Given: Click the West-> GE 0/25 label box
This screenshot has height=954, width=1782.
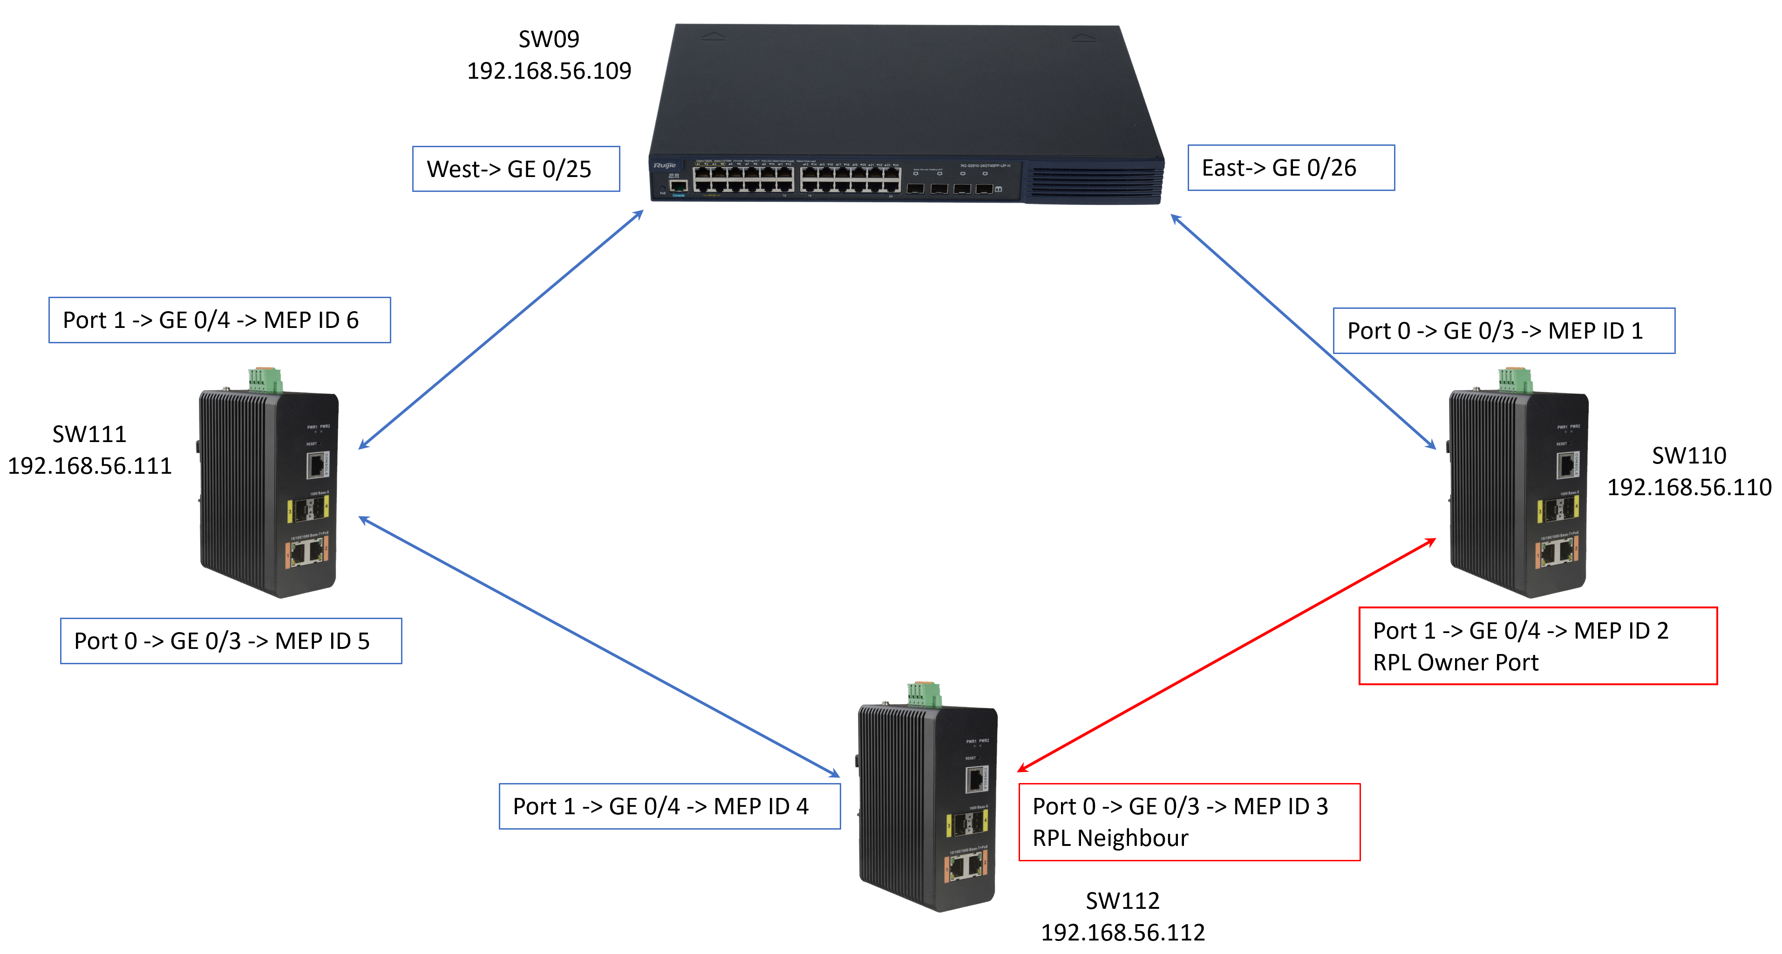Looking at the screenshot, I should coord(516,169).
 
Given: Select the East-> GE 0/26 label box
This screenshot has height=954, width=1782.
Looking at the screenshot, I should coord(1290,167).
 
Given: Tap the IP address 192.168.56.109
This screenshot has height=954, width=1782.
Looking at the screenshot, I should coord(549,70).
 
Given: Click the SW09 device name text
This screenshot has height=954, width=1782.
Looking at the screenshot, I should coord(549,39).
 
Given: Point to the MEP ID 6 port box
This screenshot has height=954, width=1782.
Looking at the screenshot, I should coord(219,320).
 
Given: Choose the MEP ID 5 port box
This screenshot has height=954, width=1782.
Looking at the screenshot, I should coord(231,641).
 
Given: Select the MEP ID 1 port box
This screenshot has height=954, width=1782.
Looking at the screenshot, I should coord(1503,331).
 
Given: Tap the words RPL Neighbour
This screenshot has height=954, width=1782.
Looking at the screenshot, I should coord(1109,838).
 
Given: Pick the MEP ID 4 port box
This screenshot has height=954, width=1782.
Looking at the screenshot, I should coord(669,806).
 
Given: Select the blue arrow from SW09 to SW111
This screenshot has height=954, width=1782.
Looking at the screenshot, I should coord(501,330).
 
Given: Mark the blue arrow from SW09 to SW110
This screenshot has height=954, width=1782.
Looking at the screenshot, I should coord(1303,331).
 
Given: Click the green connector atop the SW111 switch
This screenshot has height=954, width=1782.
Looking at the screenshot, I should coord(265,380).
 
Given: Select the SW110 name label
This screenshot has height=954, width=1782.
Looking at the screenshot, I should coord(1688,455).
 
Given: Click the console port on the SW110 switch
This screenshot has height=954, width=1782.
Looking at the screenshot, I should coord(1566,464).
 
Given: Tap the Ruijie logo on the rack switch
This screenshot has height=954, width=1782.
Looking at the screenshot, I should coord(664,165).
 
